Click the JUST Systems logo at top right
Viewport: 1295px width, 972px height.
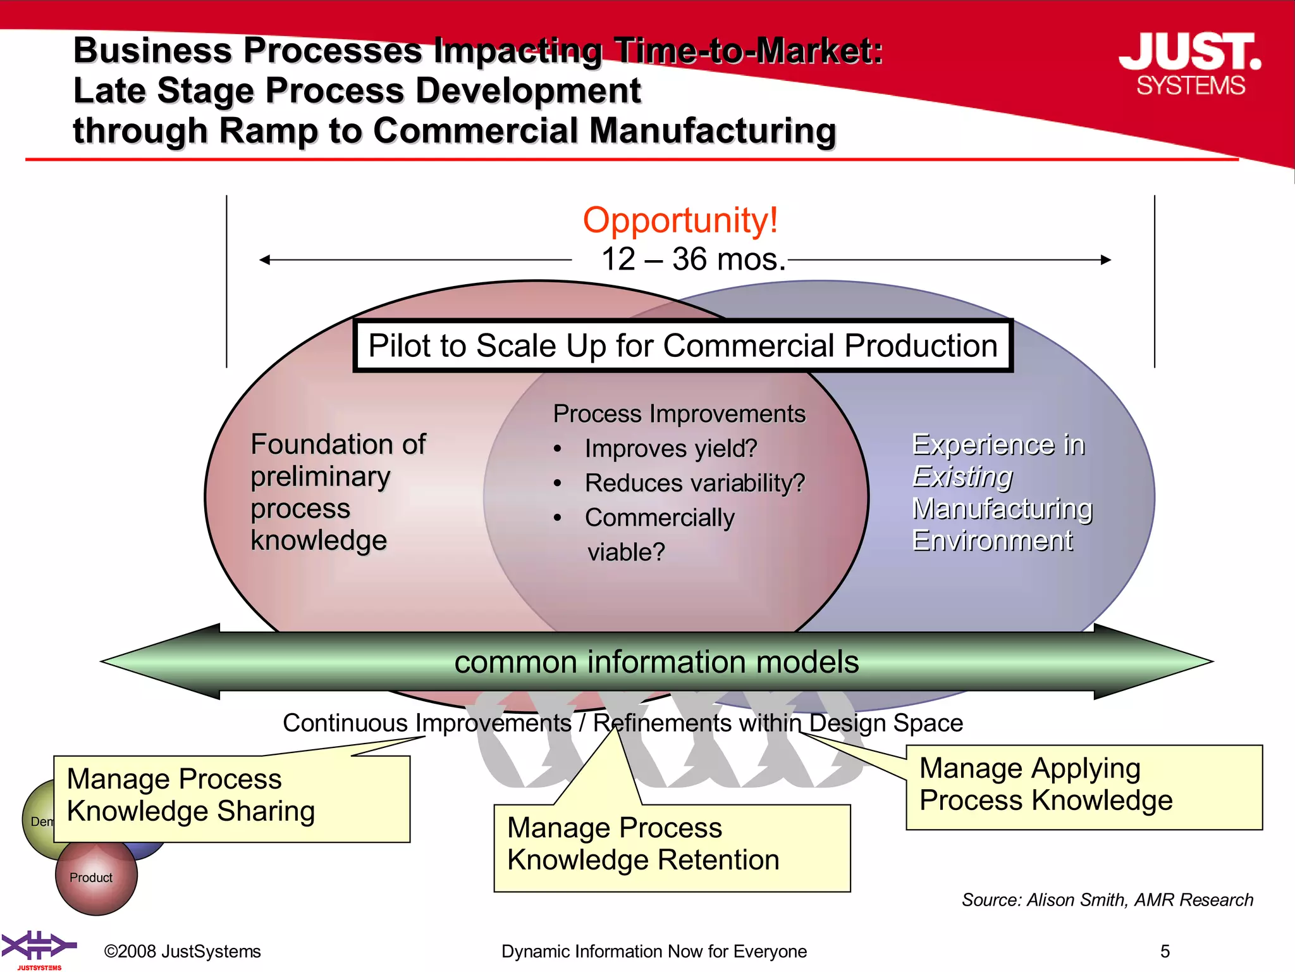1190,64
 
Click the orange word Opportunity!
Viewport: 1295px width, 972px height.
680,220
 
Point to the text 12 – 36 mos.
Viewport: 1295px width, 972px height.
693,259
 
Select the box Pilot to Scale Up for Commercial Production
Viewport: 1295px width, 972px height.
683,346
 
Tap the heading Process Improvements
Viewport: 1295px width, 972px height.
679,414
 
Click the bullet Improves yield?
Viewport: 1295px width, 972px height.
670,449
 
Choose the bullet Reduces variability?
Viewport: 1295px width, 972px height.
694,483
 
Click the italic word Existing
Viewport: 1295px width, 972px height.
962,477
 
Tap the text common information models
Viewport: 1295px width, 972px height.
656,663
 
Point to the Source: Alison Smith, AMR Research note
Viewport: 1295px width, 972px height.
1107,900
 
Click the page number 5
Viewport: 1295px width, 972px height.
1165,951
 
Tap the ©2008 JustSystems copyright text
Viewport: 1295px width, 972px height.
182,951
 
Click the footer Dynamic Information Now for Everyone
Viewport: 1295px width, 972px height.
654,951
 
